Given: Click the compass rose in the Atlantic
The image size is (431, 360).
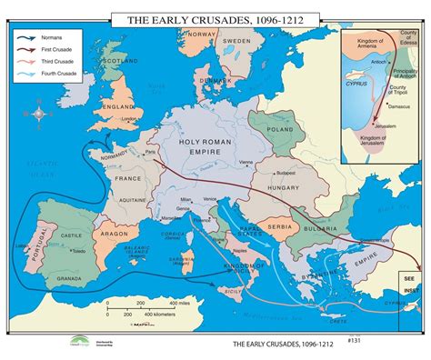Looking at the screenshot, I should click(x=41, y=115).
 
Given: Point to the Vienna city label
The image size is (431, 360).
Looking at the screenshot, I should click(x=246, y=162).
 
